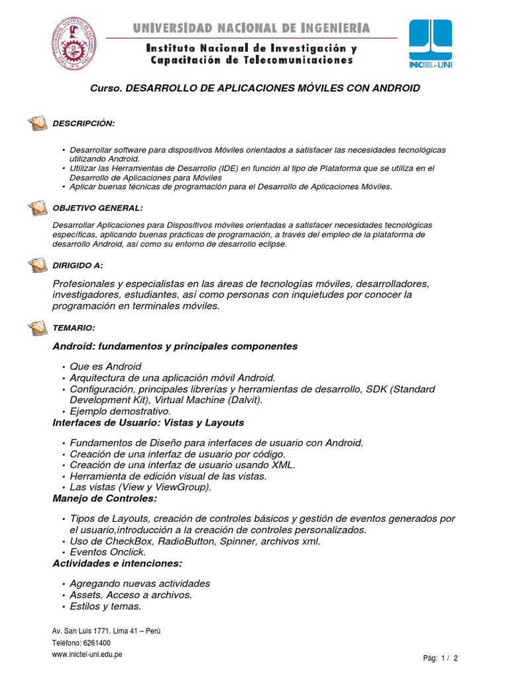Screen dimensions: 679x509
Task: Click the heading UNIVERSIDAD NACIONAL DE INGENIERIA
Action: pyautogui.click(x=251, y=28)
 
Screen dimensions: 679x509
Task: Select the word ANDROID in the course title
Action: pyautogui.click(x=390, y=88)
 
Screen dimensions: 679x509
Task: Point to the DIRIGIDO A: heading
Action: pyautogui.click(x=78, y=265)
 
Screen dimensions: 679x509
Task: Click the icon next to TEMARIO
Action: pyautogui.click(x=38, y=328)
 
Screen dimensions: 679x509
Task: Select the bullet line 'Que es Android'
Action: pyautogui.click(x=105, y=367)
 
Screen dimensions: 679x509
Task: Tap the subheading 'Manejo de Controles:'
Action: pyautogui.click(x=105, y=497)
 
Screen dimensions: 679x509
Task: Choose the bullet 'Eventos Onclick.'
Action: pyautogui.click(x=107, y=552)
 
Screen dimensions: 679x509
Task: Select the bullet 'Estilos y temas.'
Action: pyautogui.click(x=105, y=606)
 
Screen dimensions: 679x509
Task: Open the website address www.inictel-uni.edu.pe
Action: pyautogui.click(x=86, y=654)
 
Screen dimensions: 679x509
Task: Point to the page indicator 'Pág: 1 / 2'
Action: pyautogui.click(x=440, y=658)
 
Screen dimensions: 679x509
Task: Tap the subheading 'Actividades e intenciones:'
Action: pyautogui.click(x=117, y=563)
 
